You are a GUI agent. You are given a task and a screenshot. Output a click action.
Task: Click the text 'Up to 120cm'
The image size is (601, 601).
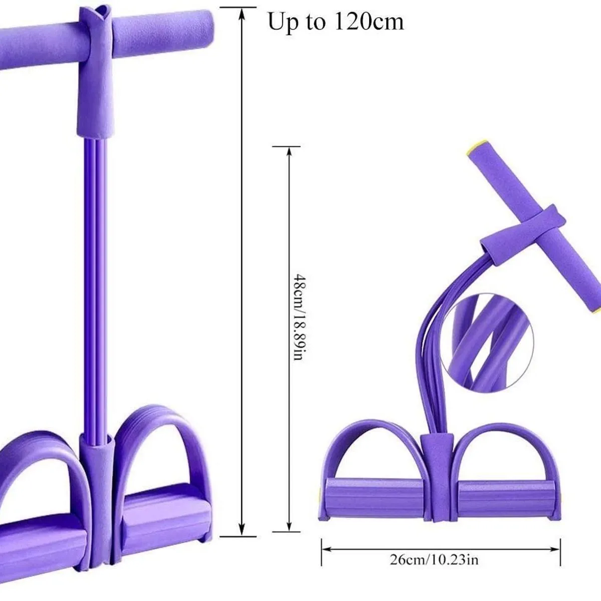pos(336,22)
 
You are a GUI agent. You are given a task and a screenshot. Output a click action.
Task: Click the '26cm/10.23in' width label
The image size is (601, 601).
pos(434,559)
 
